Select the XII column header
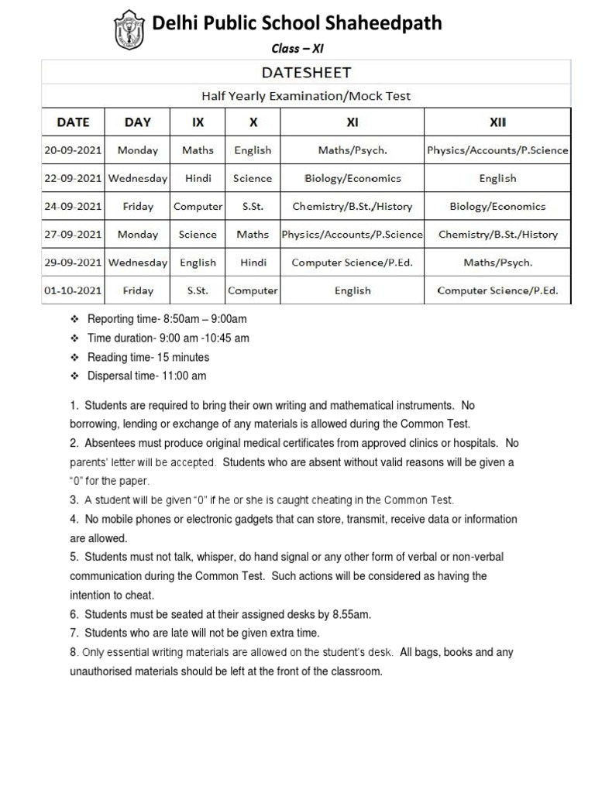pyautogui.click(x=497, y=122)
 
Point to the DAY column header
pyautogui.click(x=138, y=122)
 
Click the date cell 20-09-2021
pyautogui.click(x=73, y=150)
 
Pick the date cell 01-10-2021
pyautogui.click(x=73, y=291)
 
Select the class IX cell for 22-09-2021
pyautogui.click(x=198, y=178)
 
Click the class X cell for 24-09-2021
pyautogui.click(x=253, y=207)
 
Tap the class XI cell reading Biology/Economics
pyautogui.click(x=353, y=178)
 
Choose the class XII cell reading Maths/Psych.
pyautogui.click(x=497, y=263)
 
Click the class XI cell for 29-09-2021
pyautogui.click(x=353, y=263)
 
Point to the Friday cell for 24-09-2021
pyautogui.click(x=138, y=207)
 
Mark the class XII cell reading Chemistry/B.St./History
pyautogui.click(x=497, y=235)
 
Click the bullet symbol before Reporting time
pyautogui.click(x=75, y=319)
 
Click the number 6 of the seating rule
pyautogui.click(x=73, y=614)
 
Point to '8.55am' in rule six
pyautogui.click(x=352, y=614)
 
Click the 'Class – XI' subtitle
pyautogui.click(x=297, y=48)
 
